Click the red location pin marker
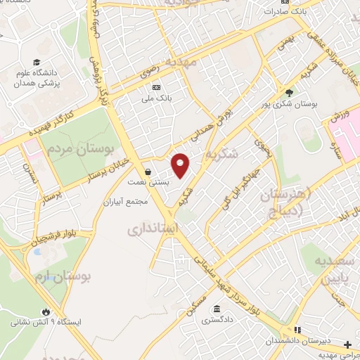pos(181,165)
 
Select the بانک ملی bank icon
pos(156,87)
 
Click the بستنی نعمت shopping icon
pos(148,172)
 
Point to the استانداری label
pos(153,229)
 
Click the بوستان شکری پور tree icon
pos(289,92)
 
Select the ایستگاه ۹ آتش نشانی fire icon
pos(46,311)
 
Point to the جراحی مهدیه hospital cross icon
pos(347,345)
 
